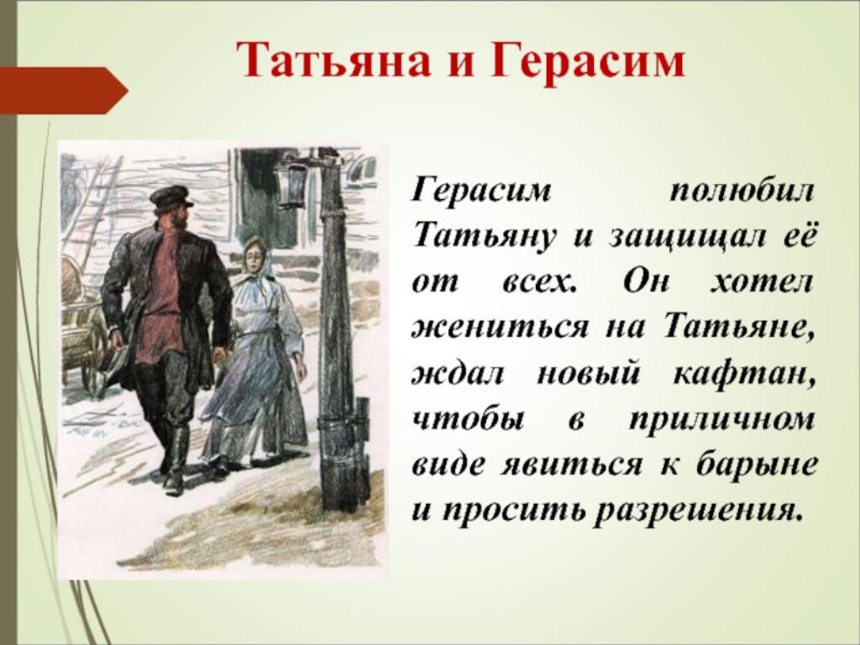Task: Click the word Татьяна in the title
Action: (x=333, y=60)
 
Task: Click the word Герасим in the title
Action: (x=587, y=60)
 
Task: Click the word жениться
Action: (x=501, y=328)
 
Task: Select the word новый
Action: (x=588, y=375)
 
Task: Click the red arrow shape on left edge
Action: (x=64, y=91)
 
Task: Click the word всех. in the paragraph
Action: (x=539, y=283)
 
